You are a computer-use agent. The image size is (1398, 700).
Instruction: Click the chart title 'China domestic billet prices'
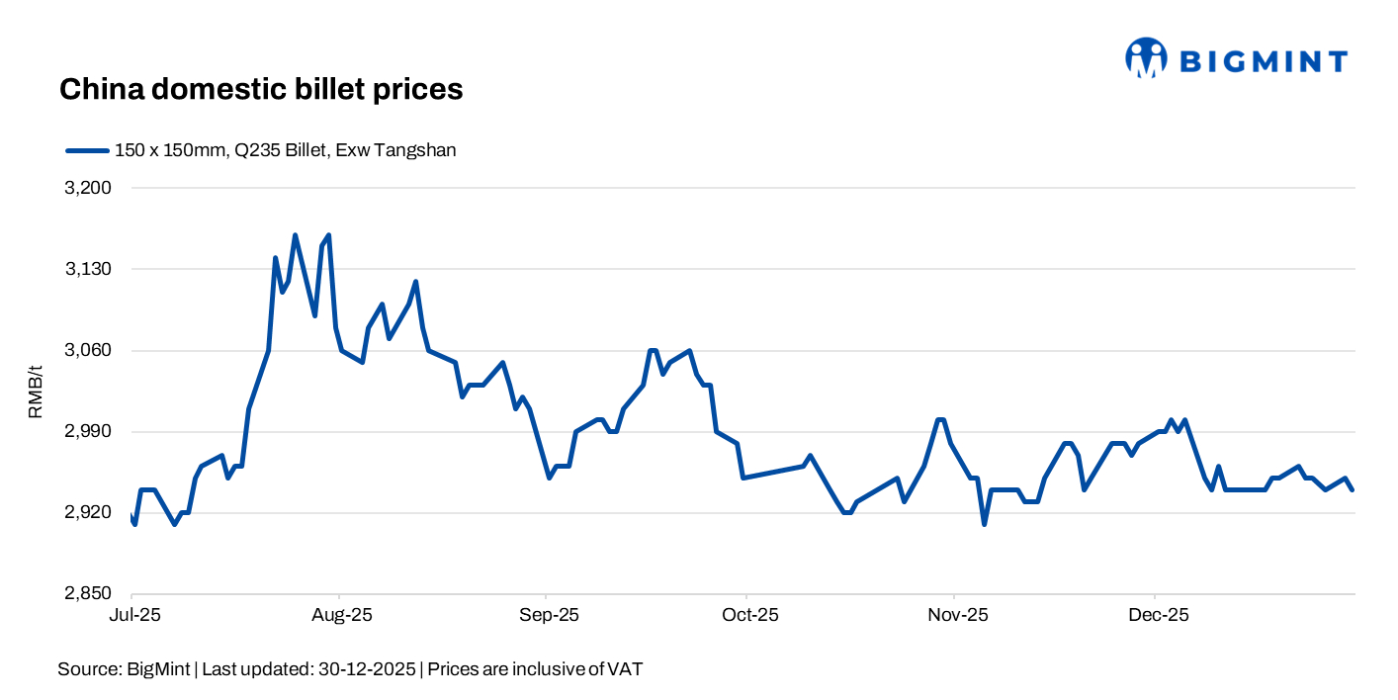pyautogui.click(x=261, y=89)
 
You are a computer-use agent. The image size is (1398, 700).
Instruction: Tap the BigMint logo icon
pyautogui.click(x=1146, y=58)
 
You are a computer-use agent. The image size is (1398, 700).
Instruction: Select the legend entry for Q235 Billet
pyautogui.click(x=285, y=150)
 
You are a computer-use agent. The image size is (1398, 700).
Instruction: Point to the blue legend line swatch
pyautogui.click(x=87, y=150)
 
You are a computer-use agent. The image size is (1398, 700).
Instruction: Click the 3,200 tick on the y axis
pyautogui.click(x=88, y=188)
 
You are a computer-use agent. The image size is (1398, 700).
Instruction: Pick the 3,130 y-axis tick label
pyautogui.click(x=88, y=269)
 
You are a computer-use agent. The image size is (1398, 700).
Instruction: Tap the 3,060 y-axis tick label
pyautogui.click(x=88, y=350)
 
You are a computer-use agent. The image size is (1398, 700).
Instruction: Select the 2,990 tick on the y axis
pyautogui.click(x=88, y=432)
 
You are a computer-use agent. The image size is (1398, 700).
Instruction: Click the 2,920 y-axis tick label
pyautogui.click(x=88, y=513)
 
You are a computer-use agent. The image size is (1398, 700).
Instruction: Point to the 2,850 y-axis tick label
pyautogui.click(x=88, y=594)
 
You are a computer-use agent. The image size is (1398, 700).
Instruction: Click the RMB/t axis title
pyautogui.click(x=36, y=392)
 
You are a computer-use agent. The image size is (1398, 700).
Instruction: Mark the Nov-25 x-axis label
pyautogui.click(x=956, y=615)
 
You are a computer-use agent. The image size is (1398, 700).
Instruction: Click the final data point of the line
pyautogui.click(x=1354, y=489)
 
